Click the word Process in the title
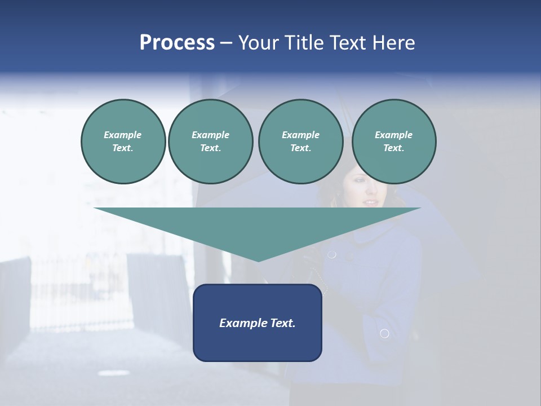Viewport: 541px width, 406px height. (177, 43)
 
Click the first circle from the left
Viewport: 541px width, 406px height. (123, 142)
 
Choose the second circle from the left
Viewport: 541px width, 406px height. (210, 142)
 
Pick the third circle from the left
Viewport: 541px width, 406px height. (300, 142)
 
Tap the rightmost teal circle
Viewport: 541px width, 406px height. (394, 142)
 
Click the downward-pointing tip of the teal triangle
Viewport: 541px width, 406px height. (258, 261)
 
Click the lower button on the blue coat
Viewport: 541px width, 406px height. (384, 334)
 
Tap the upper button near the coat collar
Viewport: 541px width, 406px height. (332, 254)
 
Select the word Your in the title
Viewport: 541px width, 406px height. (259, 43)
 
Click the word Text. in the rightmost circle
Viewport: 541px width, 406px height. (394, 148)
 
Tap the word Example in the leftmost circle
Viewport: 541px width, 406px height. (123, 135)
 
